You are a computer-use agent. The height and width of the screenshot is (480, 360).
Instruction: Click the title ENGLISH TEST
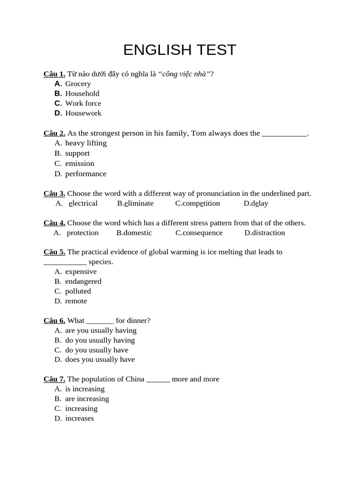180,50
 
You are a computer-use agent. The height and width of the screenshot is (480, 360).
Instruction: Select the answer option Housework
83,113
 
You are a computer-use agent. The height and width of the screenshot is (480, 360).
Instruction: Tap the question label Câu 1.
54,74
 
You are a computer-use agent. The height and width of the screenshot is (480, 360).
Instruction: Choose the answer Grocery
78,84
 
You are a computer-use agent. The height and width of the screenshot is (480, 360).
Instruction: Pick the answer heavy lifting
86,143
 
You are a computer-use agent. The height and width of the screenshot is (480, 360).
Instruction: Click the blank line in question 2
284,134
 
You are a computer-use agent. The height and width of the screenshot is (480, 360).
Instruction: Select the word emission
80,164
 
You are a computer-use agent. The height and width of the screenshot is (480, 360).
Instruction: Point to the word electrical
83,203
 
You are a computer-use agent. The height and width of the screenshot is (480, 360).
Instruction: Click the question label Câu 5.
54,252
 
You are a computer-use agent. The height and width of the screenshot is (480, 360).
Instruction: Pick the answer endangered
83,281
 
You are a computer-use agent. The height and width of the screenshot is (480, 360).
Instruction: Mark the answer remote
76,301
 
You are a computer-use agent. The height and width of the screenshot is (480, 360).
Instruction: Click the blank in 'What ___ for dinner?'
100,322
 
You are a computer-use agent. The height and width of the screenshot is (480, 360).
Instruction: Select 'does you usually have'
100,360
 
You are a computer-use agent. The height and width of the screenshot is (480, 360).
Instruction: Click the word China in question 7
135,379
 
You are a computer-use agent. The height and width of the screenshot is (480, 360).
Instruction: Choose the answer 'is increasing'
85,389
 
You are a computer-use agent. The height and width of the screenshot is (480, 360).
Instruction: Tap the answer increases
79,419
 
